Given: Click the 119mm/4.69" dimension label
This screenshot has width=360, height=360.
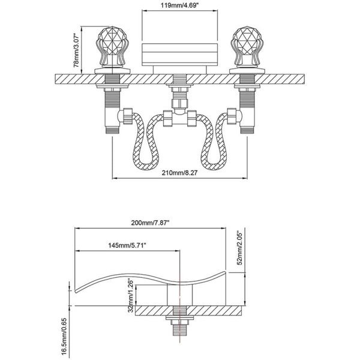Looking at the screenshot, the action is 179,5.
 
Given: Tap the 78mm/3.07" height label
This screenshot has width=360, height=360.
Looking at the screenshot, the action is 76,50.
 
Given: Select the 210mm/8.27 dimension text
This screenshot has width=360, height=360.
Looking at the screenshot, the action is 179,173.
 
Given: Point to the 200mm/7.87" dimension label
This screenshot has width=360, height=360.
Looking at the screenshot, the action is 150,223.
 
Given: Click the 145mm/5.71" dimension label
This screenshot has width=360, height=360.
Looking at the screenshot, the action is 127,245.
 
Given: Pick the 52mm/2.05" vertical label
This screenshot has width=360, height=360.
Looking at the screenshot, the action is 239,248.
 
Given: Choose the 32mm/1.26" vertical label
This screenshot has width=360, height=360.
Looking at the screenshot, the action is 131,296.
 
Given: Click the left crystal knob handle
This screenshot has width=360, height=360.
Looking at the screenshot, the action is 112,47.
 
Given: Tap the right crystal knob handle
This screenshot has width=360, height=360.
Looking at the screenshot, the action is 247,47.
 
